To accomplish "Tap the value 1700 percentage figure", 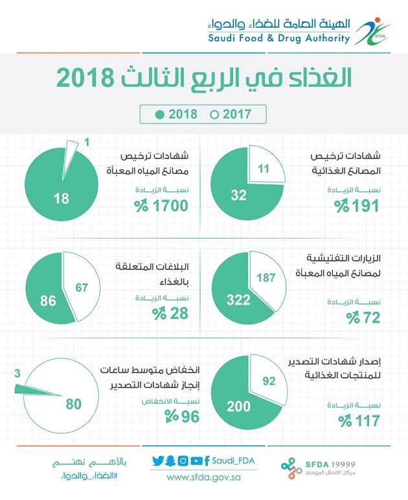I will [x=166, y=206].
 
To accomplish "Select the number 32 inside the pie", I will [x=239, y=193].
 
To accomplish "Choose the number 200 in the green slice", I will [x=238, y=407].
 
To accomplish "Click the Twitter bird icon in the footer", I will [x=158, y=461].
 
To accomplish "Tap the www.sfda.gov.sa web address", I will [x=204, y=477].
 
